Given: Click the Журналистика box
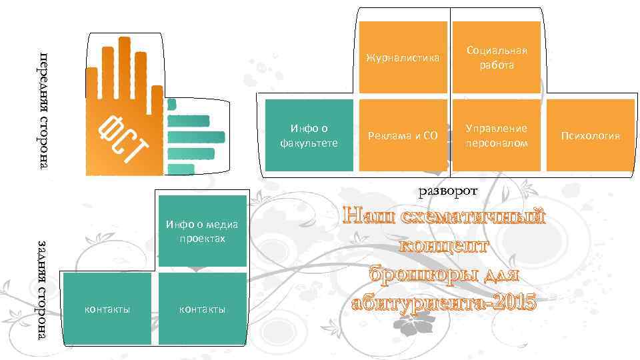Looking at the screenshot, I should (403, 57).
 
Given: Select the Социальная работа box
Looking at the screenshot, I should (496, 57).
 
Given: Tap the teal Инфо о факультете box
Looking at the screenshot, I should (309, 135).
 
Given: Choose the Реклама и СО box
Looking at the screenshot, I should (403, 135).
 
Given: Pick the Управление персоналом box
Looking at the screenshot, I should (496, 135).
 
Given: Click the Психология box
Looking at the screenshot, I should (590, 135).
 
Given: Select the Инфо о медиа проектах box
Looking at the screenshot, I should (202, 231).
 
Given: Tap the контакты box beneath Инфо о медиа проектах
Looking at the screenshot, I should (202, 309).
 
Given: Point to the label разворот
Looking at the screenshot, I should (448, 191).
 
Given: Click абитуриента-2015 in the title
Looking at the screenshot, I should (444, 302).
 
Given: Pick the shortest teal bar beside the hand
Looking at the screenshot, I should (172, 104).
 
